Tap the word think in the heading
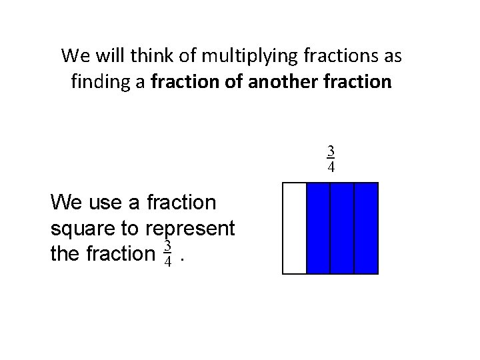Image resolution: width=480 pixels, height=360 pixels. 148,56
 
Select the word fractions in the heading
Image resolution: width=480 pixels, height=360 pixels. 337,56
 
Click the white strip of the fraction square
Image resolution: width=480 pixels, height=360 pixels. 295,228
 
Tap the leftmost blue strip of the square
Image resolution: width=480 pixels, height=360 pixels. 318,228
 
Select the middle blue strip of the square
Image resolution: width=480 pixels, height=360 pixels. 342,228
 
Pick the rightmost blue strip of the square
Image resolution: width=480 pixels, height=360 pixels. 366,228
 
